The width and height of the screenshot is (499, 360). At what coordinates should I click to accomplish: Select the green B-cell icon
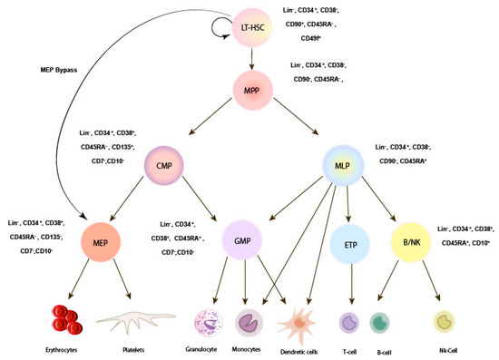pyautogui.click(x=380, y=323)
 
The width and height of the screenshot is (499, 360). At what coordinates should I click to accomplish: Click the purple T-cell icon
pyautogui.click(x=348, y=323)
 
